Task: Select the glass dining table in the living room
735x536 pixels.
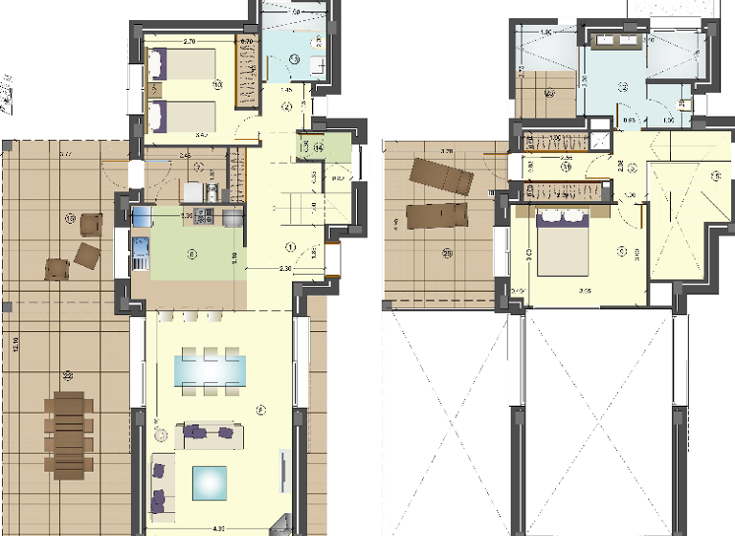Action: point(210,368)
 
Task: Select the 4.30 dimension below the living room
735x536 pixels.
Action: point(217,528)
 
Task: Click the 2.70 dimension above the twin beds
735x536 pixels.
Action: point(189,42)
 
